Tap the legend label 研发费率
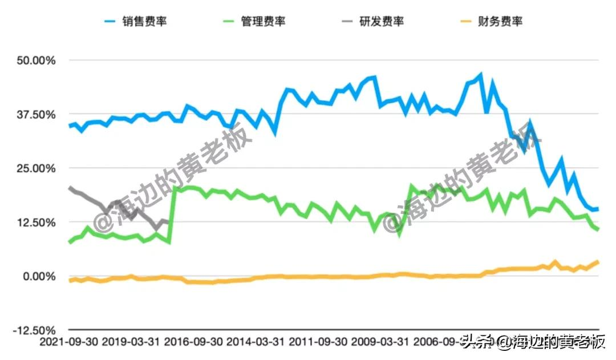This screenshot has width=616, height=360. pyautogui.click(x=381, y=22)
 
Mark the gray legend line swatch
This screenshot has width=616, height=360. pyautogui.click(x=347, y=22)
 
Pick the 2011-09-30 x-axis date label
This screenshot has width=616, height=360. pyautogui.click(x=317, y=342)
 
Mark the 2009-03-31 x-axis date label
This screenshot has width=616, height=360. pyautogui.click(x=380, y=342)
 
